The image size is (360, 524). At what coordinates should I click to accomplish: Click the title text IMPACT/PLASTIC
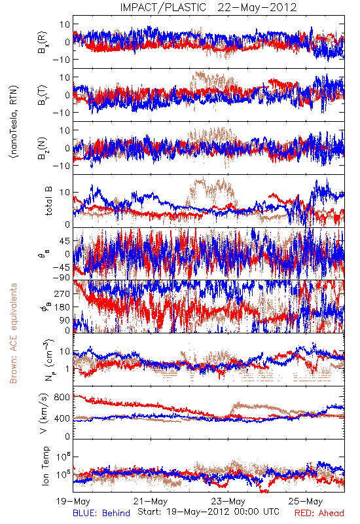point(163,7)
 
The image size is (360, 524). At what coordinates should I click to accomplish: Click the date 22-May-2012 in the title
point(257,7)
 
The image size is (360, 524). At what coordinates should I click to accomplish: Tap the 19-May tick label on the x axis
point(73,501)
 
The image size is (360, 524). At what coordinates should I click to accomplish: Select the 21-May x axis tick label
point(151,501)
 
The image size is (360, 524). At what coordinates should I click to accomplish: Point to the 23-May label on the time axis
point(228,501)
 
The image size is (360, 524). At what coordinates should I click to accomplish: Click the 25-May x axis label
point(306,501)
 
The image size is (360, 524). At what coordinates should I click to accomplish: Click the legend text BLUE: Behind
point(101,513)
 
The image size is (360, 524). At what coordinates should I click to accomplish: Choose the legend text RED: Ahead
point(319,513)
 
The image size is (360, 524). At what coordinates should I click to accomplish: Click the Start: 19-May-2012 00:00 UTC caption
point(208,512)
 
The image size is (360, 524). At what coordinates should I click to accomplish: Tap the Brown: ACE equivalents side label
point(13,333)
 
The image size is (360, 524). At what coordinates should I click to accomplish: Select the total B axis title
point(48,201)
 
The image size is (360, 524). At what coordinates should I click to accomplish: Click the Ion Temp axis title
point(45,466)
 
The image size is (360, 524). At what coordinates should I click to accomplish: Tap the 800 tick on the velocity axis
point(62,397)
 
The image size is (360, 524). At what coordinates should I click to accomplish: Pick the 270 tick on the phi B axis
point(62,293)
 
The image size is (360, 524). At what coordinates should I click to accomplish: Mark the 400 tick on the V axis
point(62,418)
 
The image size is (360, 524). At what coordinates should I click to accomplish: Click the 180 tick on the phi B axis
point(62,307)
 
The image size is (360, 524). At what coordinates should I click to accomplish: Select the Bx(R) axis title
point(43,43)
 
